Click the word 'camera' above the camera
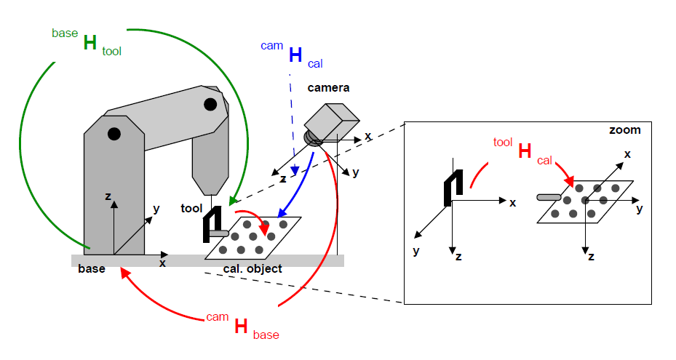click(328, 88)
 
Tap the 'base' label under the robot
click(92, 269)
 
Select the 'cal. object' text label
click(252, 269)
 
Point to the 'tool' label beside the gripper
click(191, 209)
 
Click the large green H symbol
click(90, 43)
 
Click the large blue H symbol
click(296, 55)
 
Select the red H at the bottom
click(241, 327)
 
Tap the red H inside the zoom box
click(525, 152)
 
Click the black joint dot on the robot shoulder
click(114, 134)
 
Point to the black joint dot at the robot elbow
click(210, 104)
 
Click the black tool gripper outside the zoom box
click(211, 223)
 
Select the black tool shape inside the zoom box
click(450, 185)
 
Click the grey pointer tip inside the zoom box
click(549, 196)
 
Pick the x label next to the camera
click(367, 136)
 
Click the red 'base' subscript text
click(266, 335)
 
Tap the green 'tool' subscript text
click(112, 51)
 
